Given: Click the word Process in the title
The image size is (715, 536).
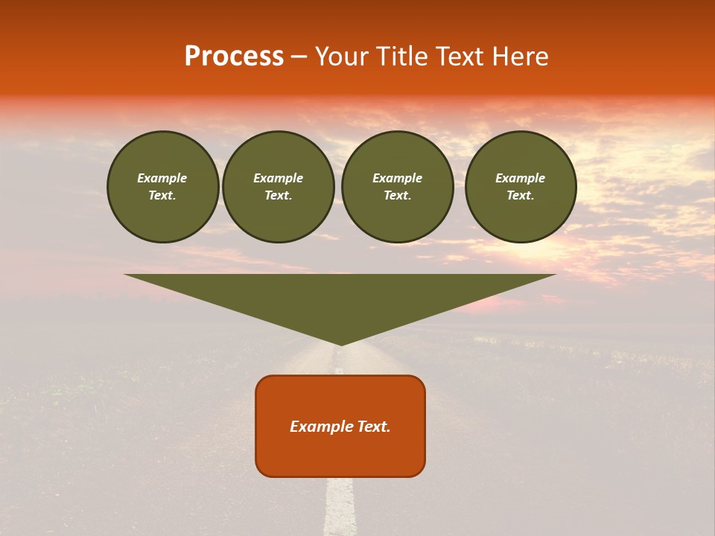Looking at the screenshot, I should point(234,57).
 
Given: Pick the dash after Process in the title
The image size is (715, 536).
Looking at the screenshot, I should point(299,57).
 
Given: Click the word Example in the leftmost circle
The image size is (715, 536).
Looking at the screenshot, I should point(162,178).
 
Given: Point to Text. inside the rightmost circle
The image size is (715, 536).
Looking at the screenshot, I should point(521,195).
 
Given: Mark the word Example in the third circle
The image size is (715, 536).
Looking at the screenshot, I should point(398,178).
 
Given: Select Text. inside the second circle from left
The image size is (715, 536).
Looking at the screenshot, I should point(279,195).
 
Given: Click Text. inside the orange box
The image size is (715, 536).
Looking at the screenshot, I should point(372,427).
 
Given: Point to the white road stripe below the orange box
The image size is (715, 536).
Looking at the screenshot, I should point(340,506).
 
